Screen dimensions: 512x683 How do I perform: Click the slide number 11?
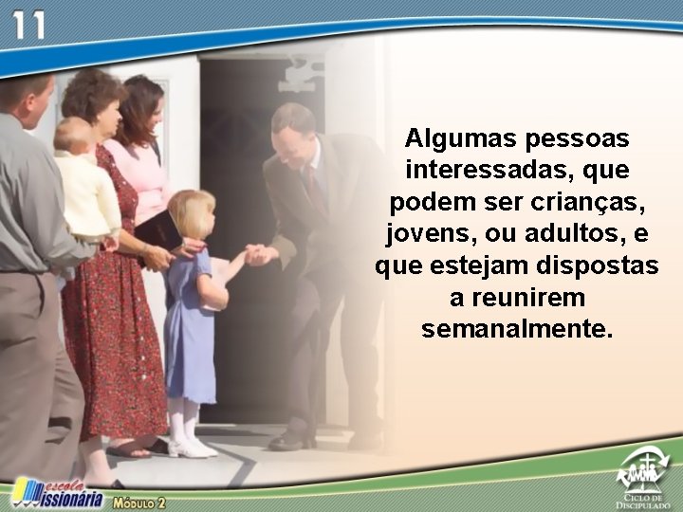(x=28, y=25)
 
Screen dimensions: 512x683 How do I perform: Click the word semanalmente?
(x=517, y=330)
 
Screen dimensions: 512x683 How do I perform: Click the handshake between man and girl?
(x=257, y=254)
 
